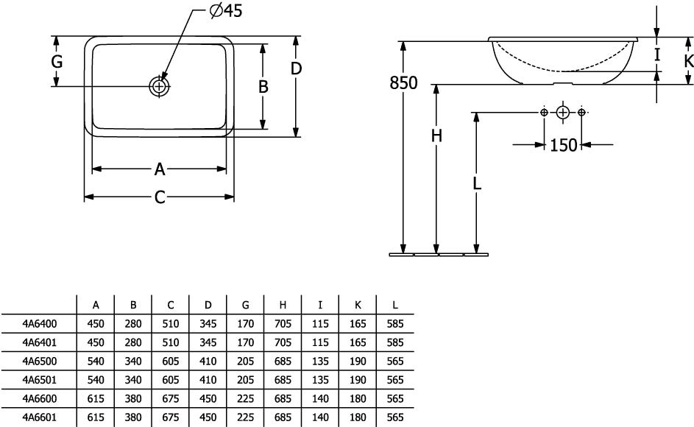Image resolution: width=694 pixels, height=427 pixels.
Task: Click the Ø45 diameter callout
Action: pyautogui.click(x=225, y=10)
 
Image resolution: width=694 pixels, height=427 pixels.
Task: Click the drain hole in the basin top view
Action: pyautogui.click(x=160, y=86)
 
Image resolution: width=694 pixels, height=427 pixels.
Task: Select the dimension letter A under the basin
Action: pyautogui.click(x=160, y=170)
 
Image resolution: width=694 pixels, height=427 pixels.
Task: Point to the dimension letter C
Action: pyautogui.click(x=160, y=197)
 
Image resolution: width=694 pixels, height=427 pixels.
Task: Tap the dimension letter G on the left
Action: pyautogui.click(x=57, y=62)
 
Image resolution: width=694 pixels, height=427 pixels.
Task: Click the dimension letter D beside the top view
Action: pyautogui.click(x=296, y=68)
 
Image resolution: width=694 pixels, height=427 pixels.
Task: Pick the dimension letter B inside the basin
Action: pyautogui.click(x=263, y=86)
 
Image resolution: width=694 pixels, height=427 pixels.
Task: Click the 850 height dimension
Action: pyautogui.click(x=403, y=83)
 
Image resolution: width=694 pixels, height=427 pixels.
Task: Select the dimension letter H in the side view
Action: pyautogui.click(x=436, y=136)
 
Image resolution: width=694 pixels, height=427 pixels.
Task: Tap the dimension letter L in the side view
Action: pyautogui.click(x=477, y=185)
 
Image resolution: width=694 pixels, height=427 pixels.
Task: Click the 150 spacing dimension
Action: pyautogui.click(x=563, y=145)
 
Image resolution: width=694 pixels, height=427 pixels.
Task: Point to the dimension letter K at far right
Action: pyautogui.click(x=688, y=61)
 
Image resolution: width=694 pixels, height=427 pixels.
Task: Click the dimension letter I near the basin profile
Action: pyautogui.click(x=657, y=54)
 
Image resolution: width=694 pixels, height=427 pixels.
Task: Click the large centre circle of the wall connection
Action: pyautogui.click(x=562, y=113)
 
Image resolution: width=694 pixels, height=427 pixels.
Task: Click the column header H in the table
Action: pyautogui.click(x=283, y=305)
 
